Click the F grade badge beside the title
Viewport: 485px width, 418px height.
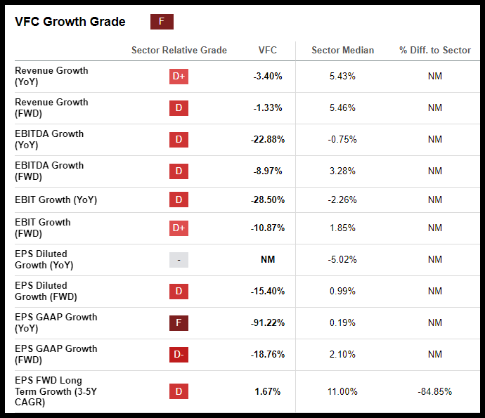pos(162,22)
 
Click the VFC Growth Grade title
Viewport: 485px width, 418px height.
pos(70,22)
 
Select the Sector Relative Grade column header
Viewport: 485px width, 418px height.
pos(179,50)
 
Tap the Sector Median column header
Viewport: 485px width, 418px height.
pos(342,50)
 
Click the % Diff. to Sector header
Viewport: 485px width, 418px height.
pos(435,50)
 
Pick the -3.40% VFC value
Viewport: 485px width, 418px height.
pos(268,76)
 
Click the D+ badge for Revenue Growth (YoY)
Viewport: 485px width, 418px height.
pos(179,77)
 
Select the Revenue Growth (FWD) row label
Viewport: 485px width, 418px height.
pos(51,107)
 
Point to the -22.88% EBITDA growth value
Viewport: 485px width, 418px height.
pos(268,139)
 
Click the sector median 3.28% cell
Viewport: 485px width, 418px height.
pos(342,171)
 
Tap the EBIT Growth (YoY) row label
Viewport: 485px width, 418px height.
pos(56,200)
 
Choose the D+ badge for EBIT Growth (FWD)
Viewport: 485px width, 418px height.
pos(179,228)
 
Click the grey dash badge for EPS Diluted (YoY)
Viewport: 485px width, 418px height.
pos(179,260)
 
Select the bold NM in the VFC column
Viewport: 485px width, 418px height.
pos(268,259)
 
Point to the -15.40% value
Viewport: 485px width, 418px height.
pos(268,291)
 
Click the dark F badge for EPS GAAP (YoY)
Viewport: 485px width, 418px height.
pos(179,323)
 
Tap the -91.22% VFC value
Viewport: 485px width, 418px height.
pos(268,322)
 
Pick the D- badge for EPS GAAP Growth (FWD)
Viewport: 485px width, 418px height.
pos(179,355)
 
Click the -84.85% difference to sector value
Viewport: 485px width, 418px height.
pos(434,391)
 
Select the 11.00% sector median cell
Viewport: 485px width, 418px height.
pos(342,391)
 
